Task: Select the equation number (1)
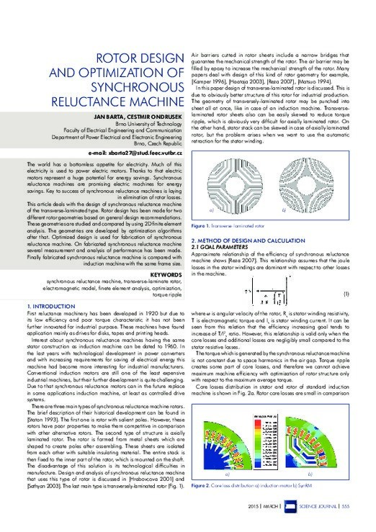coord(346,294)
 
